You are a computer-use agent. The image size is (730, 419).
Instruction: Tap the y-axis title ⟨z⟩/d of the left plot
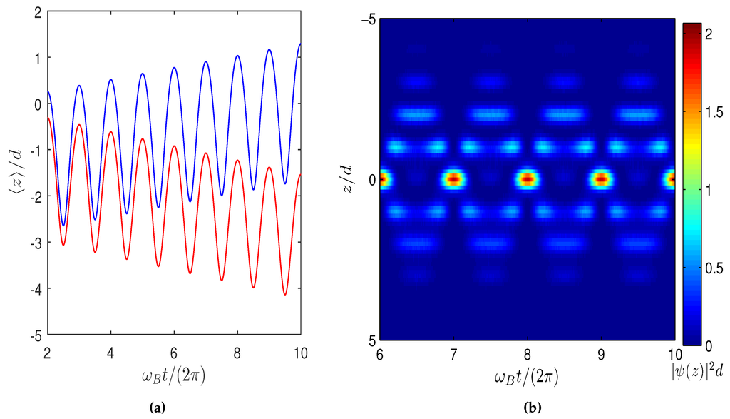tap(15, 171)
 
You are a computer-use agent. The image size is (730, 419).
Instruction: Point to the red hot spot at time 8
tap(527, 179)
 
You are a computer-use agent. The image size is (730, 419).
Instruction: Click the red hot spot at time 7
tap(453, 179)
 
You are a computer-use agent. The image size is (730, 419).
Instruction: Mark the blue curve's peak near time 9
tap(269, 50)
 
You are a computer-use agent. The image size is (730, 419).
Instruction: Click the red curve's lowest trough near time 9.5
tap(284, 294)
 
